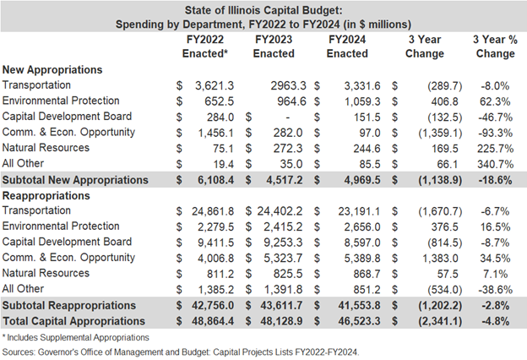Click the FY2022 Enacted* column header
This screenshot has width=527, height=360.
(x=205, y=46)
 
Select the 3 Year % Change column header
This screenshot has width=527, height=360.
(x=495, y=46)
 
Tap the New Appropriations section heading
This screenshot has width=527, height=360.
(x=52, y=69)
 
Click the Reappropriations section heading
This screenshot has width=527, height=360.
(x=46, y=195)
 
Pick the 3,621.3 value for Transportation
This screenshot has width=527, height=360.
(x=215, y=85)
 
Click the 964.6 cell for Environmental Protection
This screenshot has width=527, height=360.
(x=291, y=101)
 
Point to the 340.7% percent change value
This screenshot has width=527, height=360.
(x=495, y=164)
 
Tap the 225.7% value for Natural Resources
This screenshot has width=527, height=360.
(x=495, y=149)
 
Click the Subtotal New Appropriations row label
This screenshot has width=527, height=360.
(x=75, y=180)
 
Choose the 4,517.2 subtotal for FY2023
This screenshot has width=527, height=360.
(x=285, y=180)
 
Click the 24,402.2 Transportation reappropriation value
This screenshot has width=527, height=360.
(x=280, y=211)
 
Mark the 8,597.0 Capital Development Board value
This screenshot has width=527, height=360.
(x=362, y=243)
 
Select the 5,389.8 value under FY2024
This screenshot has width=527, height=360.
(x=362, y=259)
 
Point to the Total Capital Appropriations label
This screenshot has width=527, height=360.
(x=74, y=321)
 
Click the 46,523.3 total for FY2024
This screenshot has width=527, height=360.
(x=359, y=321)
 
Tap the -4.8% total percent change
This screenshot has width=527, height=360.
(x=496, y=321)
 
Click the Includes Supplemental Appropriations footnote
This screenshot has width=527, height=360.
(x=76, y=337)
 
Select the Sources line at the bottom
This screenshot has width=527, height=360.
(x=181, y=352)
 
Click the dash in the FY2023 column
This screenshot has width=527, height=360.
(x=287, y=117)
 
